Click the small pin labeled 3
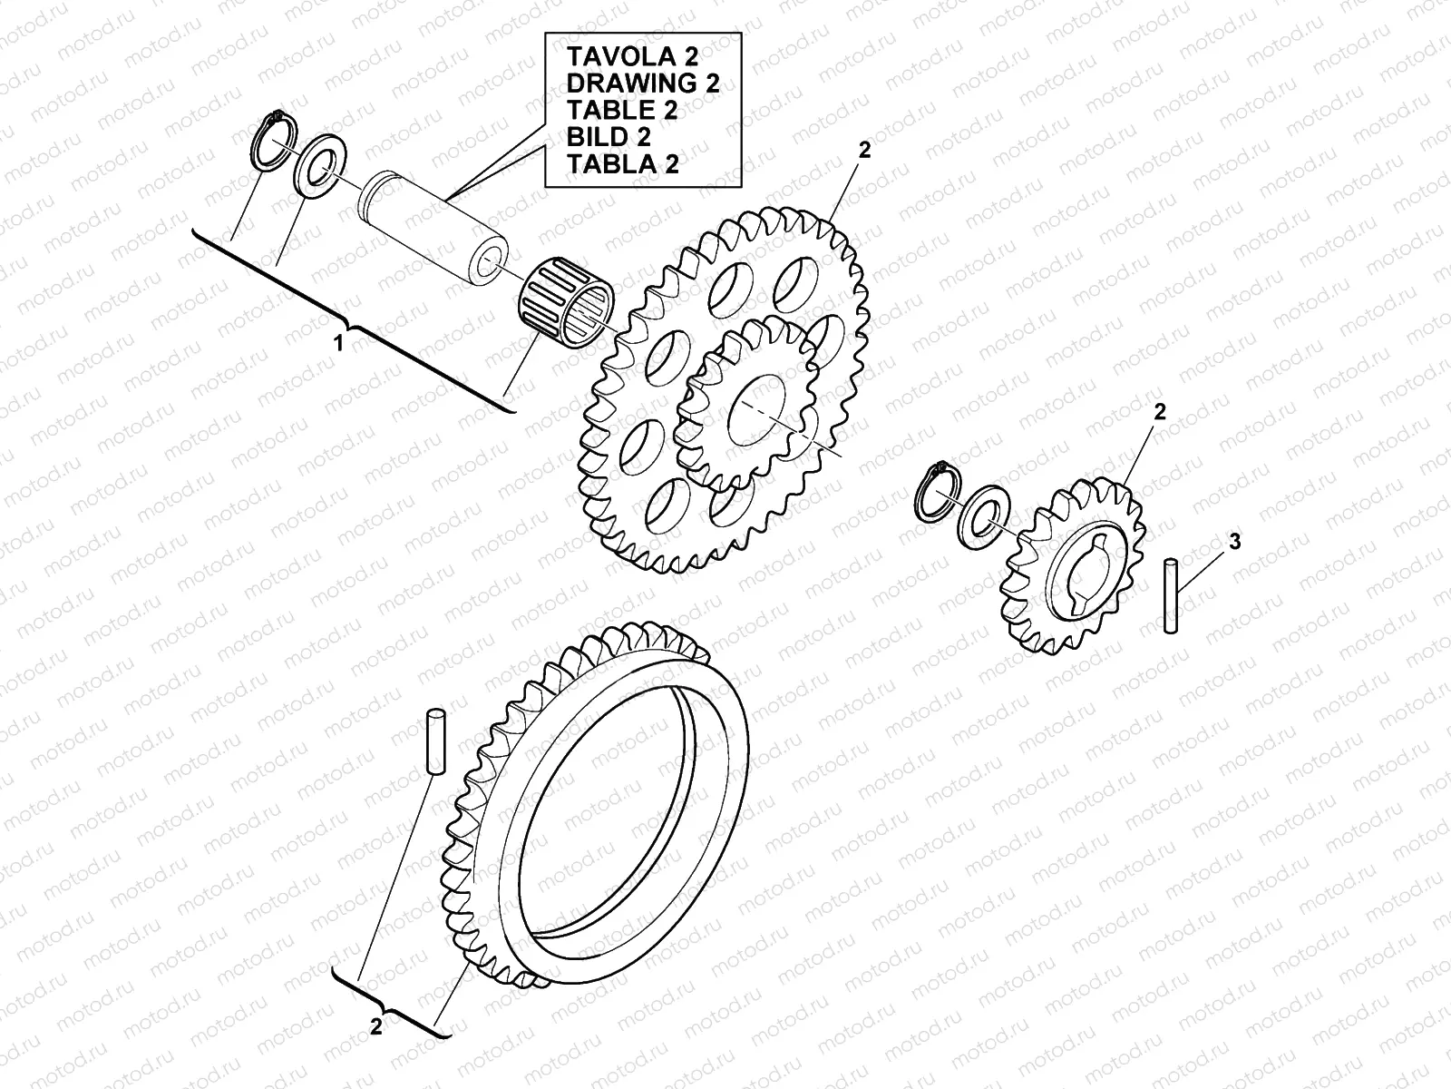pos(1171,595)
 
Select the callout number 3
pos(1234,543)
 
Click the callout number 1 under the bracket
pos(339,344)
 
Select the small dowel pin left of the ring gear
pos(434,742)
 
